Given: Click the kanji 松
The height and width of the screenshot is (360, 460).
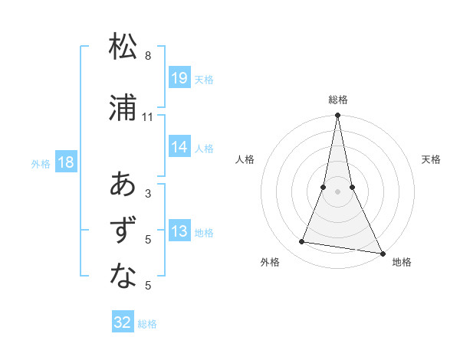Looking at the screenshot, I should [123, 47].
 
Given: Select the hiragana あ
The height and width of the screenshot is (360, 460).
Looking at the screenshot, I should [123, 185].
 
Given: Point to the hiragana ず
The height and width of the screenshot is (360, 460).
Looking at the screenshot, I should [123, 231].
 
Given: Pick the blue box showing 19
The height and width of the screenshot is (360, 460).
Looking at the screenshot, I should [179, 77].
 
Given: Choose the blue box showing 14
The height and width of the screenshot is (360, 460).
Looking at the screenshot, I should [179, 147].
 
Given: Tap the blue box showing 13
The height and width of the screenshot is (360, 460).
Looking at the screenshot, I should [179, 231].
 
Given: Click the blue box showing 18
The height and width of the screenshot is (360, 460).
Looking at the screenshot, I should [65, 162].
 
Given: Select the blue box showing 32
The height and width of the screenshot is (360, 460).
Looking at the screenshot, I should [123, 322].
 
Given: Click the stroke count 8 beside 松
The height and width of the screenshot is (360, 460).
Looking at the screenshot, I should [148, 56].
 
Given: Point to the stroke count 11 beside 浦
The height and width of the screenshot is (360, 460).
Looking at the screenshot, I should [148, 117].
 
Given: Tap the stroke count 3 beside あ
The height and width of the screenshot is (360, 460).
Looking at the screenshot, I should [148, 194].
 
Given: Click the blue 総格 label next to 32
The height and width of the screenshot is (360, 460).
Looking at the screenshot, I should [147, 324].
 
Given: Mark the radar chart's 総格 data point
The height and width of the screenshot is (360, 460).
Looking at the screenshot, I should [337, 116].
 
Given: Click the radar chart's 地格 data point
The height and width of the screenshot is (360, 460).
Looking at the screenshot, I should [381, 253].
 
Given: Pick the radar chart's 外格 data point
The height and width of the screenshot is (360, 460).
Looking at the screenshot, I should [302, 242].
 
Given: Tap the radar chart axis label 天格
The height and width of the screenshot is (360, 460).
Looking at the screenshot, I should [431, 159].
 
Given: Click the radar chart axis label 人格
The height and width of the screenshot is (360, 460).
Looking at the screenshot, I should [245, 159].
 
